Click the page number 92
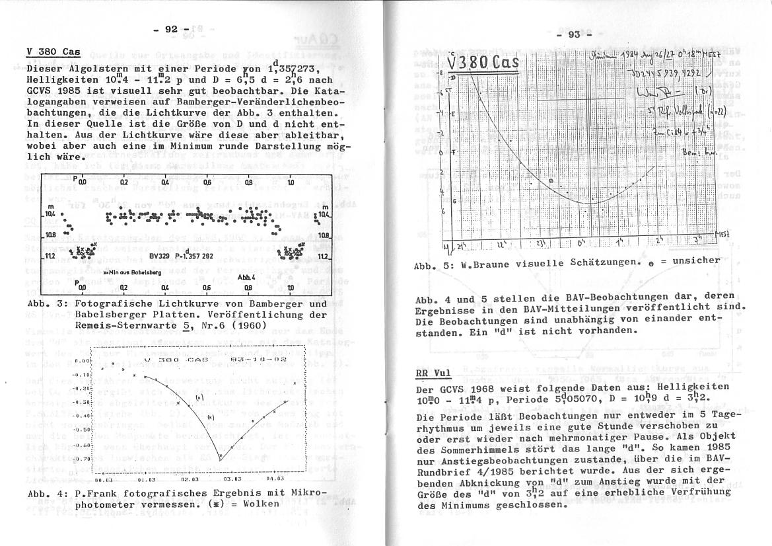click(x=171, y=28)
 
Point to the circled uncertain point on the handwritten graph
click(x=551, y=180)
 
